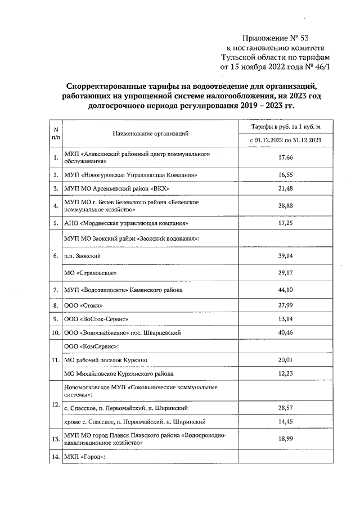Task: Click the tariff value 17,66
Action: [x=287, y=157]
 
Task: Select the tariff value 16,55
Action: [x=287, y=175]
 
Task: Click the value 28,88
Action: [x=287, y=206]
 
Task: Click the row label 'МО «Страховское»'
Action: [x=91, y=273]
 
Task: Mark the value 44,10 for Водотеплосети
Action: [x=287, y=290]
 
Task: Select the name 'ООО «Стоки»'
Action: [x=83, y=305]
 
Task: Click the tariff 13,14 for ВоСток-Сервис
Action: [x=287, y=318]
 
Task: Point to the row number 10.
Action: [x=56, y=333]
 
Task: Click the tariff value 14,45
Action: [x=287, y=422]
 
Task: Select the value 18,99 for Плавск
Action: [x=287, y=440]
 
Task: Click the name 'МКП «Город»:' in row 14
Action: [x=85, y=458]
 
